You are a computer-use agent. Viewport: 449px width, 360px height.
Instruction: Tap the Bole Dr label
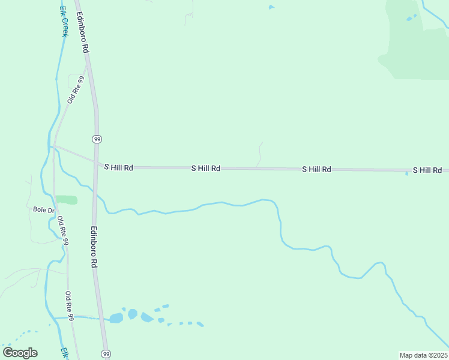(44, 210)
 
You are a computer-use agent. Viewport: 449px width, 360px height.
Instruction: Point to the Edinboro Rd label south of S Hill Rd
(94, 247)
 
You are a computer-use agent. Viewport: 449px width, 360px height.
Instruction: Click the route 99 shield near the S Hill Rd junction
(97, 139)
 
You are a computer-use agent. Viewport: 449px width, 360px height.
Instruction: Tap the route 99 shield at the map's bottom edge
(106, 353)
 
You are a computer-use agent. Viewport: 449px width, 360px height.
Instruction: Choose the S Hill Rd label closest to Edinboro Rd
(119, 168)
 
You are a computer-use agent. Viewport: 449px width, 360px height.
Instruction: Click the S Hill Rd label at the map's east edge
(427, 170)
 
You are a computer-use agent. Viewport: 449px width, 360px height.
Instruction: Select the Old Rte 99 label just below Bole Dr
(63, 230)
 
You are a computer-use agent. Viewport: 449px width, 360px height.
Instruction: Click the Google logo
(20, 353)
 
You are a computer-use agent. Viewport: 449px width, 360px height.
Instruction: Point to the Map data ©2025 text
(423, 355)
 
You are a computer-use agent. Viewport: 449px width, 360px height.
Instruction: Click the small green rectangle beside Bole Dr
(66, 200)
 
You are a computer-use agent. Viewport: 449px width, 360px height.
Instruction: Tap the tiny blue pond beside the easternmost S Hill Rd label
(407, 174)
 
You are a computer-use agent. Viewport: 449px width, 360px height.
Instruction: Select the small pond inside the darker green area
(411, 18)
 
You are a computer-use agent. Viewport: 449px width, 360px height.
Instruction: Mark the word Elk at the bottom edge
(64, 353)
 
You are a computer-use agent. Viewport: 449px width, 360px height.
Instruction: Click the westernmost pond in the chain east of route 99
(116, 318)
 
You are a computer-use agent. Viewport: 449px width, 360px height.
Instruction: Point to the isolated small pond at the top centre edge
(271, 7)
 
